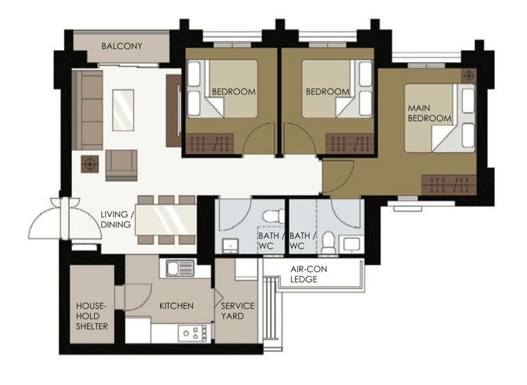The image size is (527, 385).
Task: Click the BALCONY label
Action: [122, 46]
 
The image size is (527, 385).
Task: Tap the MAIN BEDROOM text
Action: [430, 113]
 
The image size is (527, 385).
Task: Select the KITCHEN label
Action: [177, 306]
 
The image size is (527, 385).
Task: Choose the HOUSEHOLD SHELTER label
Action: [92, 316]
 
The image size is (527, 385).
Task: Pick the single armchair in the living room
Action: [122, 165]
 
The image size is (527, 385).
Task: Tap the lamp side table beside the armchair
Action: [89, 164]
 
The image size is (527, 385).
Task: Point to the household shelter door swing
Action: [135, 296]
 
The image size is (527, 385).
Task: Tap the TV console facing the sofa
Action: [173, 111]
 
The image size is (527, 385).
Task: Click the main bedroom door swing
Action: [337, 175]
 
